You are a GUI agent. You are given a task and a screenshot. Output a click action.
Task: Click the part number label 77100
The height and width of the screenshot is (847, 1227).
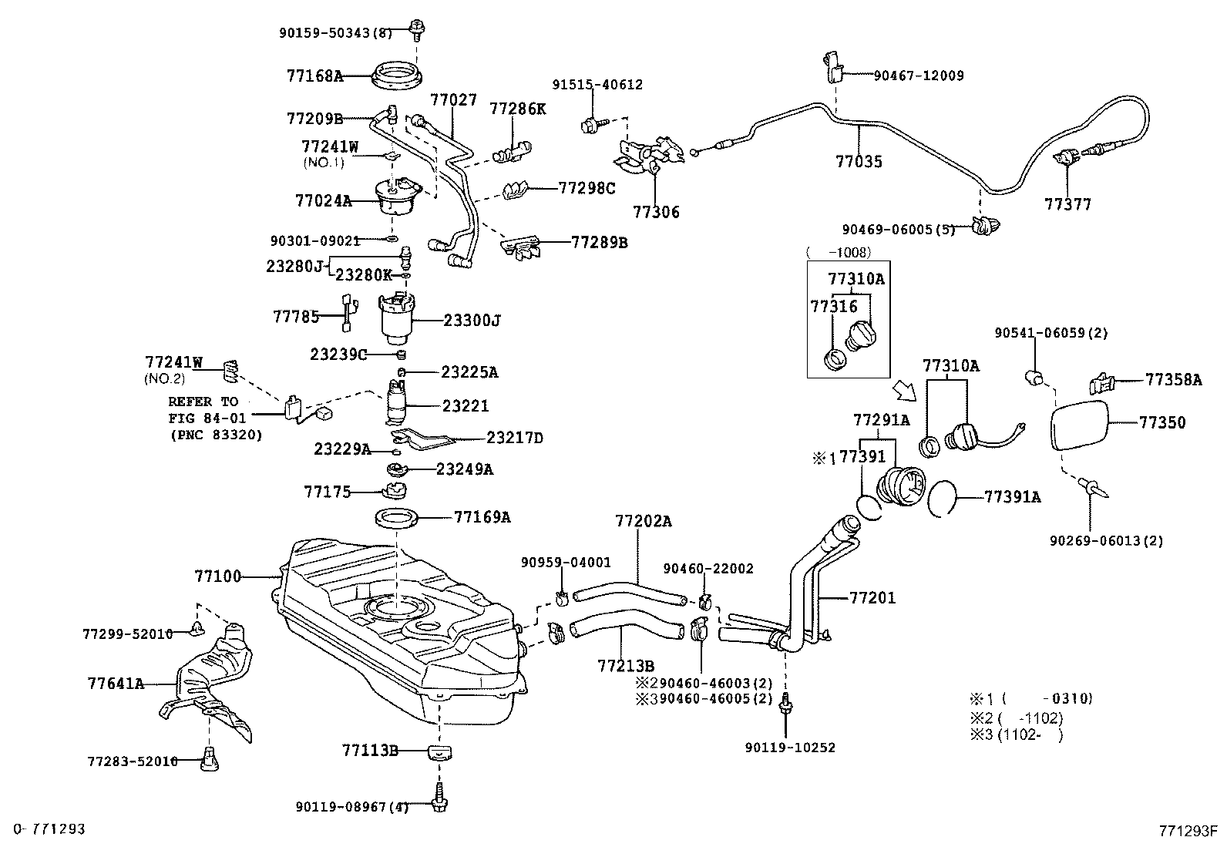click(217, 576)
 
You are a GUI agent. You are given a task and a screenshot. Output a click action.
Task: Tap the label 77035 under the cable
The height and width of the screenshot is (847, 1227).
click(859, 162)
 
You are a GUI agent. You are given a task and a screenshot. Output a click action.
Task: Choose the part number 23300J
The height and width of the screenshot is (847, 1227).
click(472, 320)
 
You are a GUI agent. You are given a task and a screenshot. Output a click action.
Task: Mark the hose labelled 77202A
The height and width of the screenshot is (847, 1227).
click(628, 592)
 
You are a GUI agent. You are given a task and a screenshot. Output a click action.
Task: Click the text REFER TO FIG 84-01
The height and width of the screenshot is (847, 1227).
click(204, 410)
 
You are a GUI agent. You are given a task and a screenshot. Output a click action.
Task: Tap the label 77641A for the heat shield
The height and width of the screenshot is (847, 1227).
click(116, 683)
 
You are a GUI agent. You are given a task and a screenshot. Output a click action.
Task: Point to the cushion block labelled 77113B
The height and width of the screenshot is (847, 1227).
click(439, 751)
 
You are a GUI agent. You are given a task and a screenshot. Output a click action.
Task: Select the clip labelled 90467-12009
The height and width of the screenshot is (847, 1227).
click(833, 66)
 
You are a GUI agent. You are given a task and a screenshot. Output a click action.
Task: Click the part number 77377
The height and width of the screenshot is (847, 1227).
click(1068, 205)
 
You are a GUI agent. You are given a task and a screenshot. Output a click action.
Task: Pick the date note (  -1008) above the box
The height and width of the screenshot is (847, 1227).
click(838, 253)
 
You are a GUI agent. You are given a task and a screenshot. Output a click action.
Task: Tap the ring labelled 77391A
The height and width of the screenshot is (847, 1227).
click(944, 498)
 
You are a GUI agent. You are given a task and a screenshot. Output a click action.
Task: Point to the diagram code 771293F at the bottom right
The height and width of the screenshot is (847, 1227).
click(1188, 831)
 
